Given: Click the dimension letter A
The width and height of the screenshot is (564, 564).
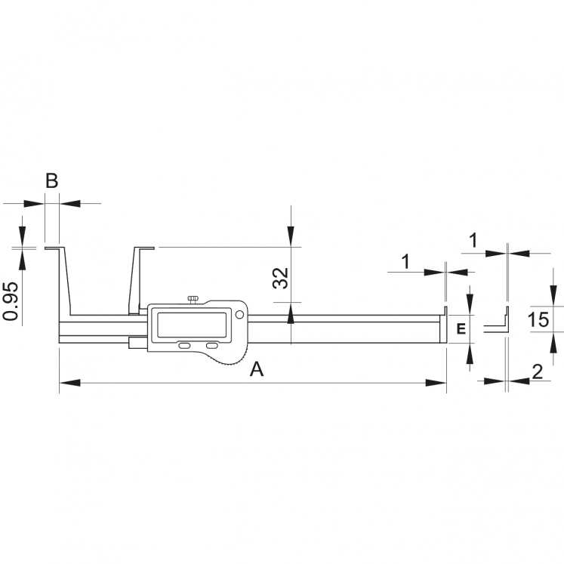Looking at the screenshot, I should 257,369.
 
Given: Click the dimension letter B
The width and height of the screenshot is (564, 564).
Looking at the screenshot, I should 51,181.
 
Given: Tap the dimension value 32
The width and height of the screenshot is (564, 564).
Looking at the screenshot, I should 280,277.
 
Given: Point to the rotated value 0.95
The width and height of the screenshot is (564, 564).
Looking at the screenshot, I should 10,301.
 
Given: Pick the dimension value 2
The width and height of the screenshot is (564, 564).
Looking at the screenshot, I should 537,371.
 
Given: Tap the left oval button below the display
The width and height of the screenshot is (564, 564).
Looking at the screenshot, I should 184,345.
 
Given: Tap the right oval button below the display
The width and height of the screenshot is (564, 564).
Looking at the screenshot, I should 211,345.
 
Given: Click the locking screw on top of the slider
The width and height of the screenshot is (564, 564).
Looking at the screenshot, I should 194,300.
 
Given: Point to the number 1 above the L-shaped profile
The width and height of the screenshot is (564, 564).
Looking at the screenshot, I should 473,241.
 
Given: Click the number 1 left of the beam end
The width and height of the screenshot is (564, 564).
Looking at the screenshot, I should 405,261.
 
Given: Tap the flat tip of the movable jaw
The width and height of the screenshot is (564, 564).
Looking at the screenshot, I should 144,247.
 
